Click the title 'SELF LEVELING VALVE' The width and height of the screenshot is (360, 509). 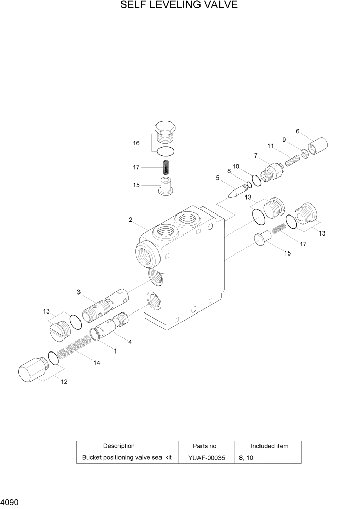(179, 6)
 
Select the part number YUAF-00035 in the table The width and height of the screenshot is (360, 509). (206, 457)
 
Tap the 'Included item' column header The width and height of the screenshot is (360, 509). (269, 446)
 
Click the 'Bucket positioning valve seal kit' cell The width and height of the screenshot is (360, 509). (127, 457)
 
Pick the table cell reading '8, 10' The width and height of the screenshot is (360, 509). (247, 457)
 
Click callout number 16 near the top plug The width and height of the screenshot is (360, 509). (136, 143)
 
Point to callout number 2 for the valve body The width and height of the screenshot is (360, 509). (131, 220)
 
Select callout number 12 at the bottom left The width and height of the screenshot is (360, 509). (64, 381)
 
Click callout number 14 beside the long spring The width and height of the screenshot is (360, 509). (96, 363)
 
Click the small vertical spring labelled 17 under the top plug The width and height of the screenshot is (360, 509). (166, 167)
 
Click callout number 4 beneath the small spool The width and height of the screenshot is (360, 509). (130, 342)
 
